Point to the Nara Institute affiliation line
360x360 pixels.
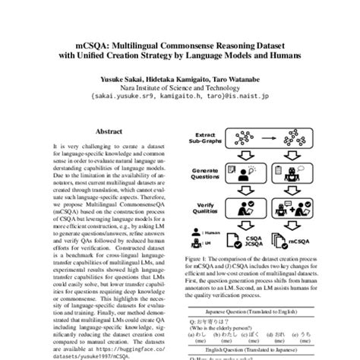(179, 89)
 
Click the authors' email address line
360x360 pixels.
(179, 98)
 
